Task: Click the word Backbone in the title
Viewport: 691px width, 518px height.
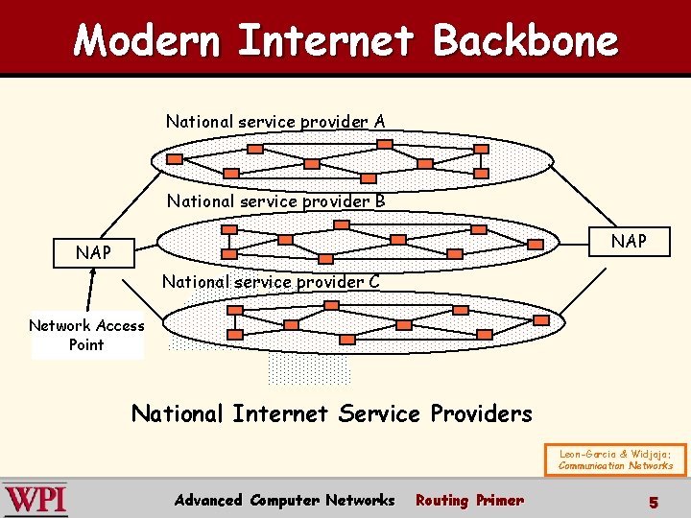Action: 525,40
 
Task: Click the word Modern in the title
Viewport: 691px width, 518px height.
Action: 147,40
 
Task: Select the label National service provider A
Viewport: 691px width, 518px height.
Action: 275,122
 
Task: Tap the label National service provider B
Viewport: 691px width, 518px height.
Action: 275,201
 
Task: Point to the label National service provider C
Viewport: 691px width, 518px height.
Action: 271,282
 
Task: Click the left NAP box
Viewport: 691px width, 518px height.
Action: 94,253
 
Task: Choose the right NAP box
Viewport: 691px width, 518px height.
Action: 630,241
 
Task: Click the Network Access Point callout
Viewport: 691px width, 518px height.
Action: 86,335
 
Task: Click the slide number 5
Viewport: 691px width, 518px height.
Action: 653,502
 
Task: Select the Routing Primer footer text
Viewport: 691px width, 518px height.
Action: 469,500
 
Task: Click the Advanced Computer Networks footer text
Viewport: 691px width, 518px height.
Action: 284,500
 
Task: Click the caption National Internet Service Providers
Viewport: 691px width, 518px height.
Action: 331,413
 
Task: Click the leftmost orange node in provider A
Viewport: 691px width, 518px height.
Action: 174,158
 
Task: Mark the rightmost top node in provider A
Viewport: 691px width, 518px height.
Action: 481,149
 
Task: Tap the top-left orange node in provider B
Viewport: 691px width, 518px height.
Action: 228,230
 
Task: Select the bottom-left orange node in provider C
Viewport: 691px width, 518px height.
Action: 235,335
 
